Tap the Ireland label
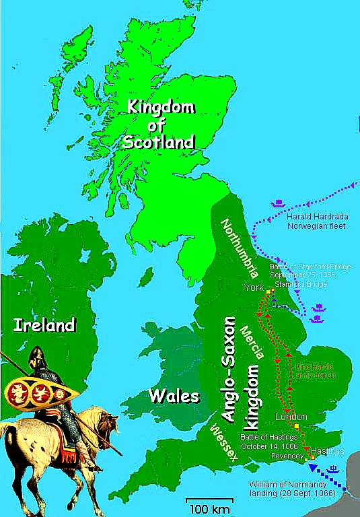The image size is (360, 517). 44,326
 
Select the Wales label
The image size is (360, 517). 175,394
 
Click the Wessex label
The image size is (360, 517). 225,442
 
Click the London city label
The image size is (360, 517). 291,417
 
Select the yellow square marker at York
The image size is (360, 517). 268,291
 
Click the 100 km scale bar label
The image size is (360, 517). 209,506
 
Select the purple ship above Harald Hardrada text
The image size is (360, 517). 278,203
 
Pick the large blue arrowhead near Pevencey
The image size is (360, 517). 312,467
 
